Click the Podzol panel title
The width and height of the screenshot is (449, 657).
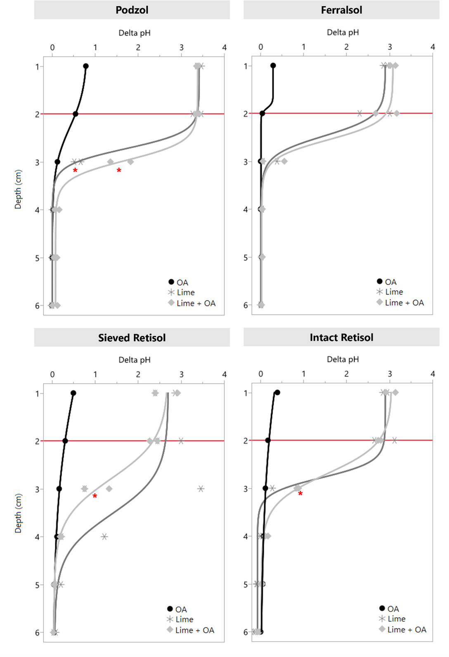132,10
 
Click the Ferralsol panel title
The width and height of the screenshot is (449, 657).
341,10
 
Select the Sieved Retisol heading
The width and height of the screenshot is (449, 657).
132,338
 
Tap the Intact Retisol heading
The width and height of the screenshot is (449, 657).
341,337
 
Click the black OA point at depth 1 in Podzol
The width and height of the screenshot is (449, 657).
86,66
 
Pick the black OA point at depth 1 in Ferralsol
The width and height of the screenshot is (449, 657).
273,66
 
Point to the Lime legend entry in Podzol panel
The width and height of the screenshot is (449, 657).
182,292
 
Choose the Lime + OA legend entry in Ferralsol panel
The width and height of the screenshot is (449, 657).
400,303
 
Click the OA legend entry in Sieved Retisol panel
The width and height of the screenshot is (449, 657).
177,609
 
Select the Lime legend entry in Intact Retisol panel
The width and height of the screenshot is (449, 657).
392,619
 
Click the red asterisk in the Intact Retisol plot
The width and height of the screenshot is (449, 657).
300,494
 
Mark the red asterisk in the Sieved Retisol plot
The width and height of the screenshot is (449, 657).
95,496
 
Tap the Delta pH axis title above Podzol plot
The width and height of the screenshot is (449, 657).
135,33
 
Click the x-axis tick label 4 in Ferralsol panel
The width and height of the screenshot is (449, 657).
432,47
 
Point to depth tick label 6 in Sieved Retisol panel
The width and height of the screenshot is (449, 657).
37,633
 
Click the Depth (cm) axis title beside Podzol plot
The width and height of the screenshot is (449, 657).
18,189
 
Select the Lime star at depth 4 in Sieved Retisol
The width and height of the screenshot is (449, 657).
104,537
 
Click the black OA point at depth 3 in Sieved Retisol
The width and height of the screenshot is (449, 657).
59,489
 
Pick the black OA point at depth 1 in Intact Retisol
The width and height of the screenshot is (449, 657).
277,393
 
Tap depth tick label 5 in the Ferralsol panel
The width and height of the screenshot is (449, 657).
246,258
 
